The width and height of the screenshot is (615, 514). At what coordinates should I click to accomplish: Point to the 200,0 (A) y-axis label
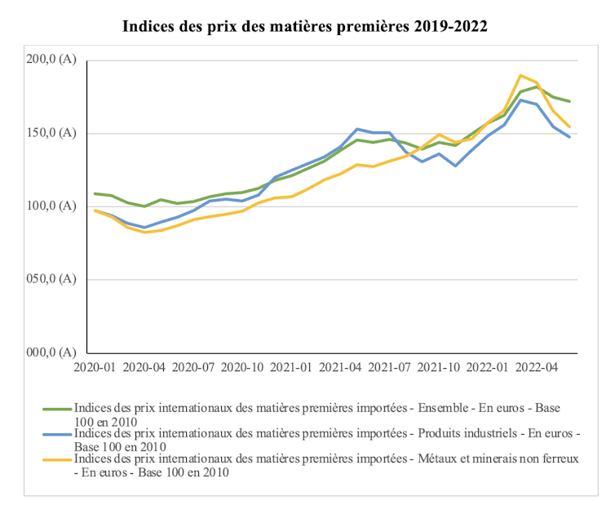[x=51, y=60]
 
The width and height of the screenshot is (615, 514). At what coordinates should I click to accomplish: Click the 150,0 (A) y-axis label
[x=51, y=133]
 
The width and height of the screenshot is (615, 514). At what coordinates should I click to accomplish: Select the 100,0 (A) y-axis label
[x=51, y=206]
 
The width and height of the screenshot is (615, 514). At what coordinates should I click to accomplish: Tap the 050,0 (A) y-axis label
[x=51, y=279]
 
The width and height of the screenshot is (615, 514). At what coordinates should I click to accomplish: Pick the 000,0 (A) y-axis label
[x=51, y=352]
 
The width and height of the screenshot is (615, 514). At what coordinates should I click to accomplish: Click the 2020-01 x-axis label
[x=95, y=368]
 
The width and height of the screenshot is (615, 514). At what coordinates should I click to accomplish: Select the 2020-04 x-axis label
[x=144, y=368]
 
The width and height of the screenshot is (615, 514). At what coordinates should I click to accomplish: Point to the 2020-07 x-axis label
[x=193, y=368]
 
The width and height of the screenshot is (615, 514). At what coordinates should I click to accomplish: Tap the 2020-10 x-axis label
[x=242, y=368]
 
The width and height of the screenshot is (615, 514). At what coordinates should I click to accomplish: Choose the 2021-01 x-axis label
[x=292, y=368]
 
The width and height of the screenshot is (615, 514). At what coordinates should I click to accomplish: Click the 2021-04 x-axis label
[x=341, y=368]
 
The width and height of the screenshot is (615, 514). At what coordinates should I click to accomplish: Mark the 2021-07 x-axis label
[x=390, y=368]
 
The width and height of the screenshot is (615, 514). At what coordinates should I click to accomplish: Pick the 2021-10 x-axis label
[x=439, y=368]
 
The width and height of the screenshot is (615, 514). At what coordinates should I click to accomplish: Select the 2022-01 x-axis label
[x=489, y=368]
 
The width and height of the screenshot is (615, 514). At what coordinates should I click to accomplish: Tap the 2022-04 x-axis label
[x=538, y=368]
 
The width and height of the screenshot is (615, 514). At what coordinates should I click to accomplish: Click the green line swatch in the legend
[x=57, y=407]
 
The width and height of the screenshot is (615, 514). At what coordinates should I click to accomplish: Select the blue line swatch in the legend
[x=57, y=433]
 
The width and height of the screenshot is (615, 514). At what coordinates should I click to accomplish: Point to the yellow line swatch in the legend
[x=57, y=459]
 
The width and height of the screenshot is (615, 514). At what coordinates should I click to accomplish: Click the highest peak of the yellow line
[x=520, y=75]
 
